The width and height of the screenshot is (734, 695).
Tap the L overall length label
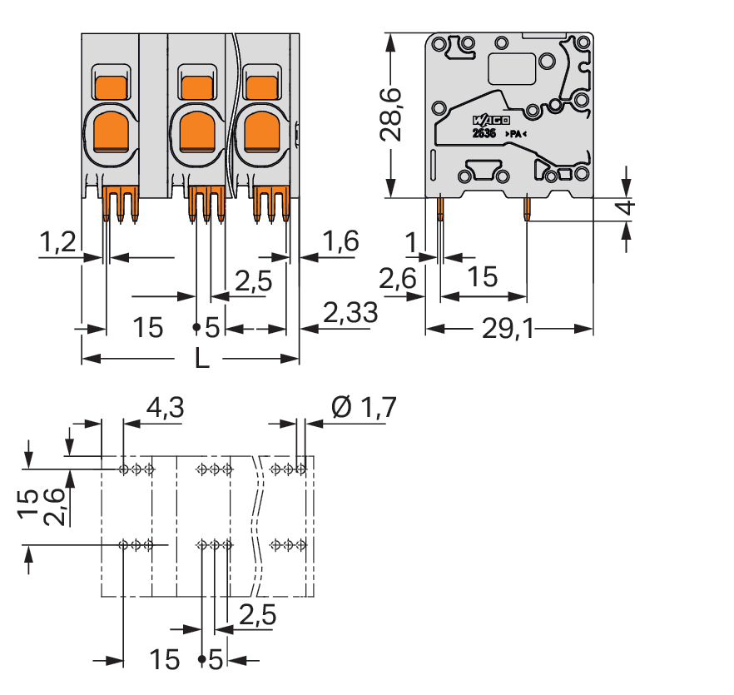pos(201,360)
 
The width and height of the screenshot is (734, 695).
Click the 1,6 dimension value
pos(340,241)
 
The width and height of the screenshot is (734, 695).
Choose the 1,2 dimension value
pos(58,242)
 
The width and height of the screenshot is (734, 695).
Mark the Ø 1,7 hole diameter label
pos(364,408)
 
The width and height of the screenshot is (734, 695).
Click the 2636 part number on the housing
pos(484,133)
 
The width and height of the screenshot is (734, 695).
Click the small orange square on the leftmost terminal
pos(111,87)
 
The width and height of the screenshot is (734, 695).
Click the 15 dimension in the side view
pos(483,277)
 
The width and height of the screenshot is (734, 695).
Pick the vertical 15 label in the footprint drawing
pos(27,508)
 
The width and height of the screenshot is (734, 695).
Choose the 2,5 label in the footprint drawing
pos(257,616)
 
